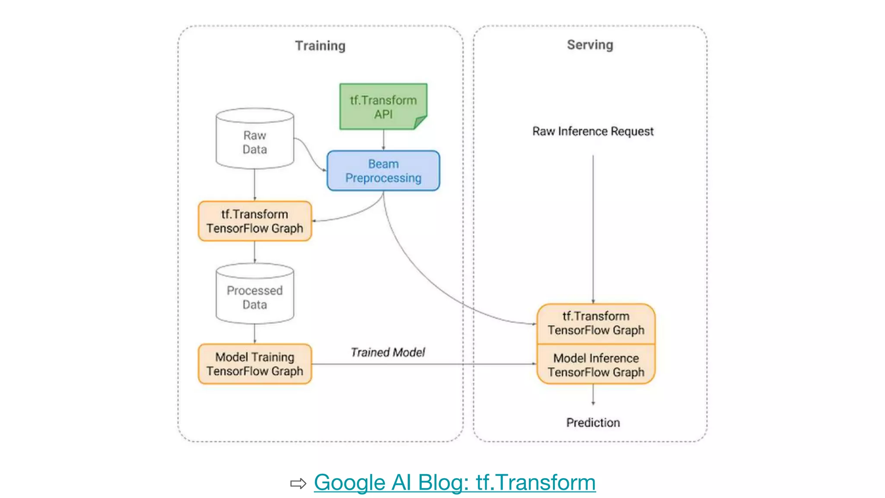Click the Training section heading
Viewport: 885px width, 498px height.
pyautogui.click(x=320, y=46)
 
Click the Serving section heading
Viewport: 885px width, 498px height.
pyautogui.click(x=590, y=45)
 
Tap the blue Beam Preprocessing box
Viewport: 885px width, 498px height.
pyautogui.click(x=383, y=171)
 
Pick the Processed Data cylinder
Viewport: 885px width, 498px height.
pyautogui.click(x=255, y=297)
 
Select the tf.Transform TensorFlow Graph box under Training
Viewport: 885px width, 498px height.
pyautogui.click(x=255, y=221)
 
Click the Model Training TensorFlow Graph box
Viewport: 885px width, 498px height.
pyautogui.click(x=255, y=364)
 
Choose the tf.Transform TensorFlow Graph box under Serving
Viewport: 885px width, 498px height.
pyautogui.click(x=596, y=323)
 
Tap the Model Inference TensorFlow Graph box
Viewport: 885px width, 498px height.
pyautogui.click(x=596, y=365)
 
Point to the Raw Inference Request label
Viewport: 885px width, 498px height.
pyautogui.click(x=593, y=131)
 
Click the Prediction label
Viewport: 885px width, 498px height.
pyautogui.click(x=593, y=422)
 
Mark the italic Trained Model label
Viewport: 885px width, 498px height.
pyautogui.click(x=388, y=352)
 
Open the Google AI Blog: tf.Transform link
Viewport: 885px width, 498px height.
pyautogui.click(x=455, y=482)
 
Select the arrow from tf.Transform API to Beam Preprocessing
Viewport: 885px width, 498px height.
pyautogui.click(x=383, y=140)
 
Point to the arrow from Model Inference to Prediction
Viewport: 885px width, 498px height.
pyautogui.click(x=593, y=394)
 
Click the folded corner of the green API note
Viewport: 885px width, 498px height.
pyautogui.click(x=420, y=122)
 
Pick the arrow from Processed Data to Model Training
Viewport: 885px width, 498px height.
pyautogui.click(x=255, y=333)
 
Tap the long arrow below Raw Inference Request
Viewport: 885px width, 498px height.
pyautogui.click(x=593, y=229)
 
